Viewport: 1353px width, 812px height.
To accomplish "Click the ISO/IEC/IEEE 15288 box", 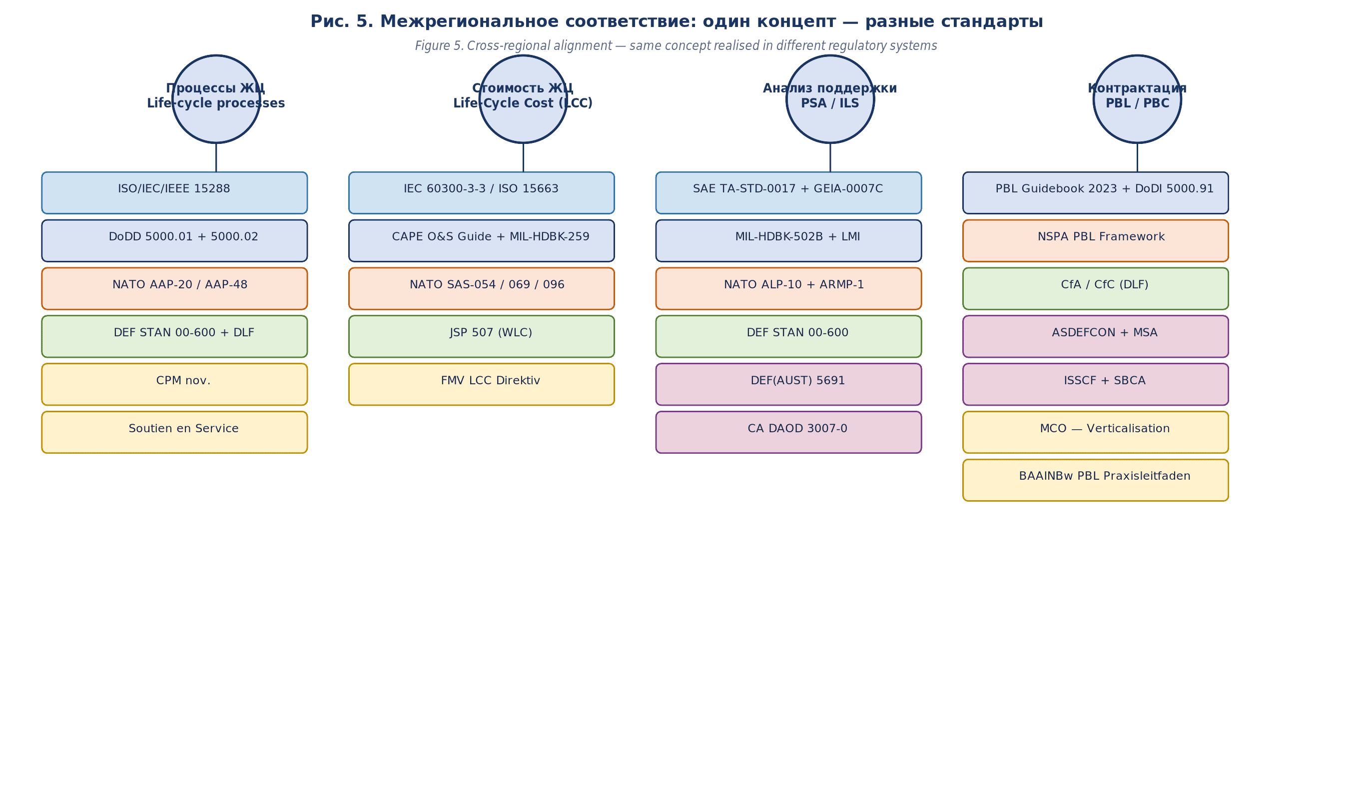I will coord(174,192).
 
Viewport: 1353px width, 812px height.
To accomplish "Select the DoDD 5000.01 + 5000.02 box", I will coord(174,241).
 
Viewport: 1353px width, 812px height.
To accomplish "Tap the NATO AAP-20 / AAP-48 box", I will coord(174,288).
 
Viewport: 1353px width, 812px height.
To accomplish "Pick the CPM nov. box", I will coord(174,384).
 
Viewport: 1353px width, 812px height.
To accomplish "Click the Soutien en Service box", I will coord(174,432).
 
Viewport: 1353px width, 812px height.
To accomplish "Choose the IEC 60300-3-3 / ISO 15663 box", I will coord(481,192).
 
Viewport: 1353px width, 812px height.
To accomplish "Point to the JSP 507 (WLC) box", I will coord(481,336).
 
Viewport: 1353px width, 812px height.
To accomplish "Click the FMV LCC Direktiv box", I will coord(481,384).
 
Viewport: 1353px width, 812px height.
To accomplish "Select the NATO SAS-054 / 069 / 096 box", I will coord(481,288).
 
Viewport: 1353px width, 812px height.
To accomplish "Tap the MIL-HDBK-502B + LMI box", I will coord(788,241).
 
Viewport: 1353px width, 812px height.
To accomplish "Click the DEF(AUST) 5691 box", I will coord(788,384).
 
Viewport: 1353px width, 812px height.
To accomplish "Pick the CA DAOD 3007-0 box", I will coord(788,432).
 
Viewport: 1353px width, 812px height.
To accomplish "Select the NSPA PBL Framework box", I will coord(1095,241).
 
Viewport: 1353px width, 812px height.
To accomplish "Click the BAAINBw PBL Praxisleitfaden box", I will coord(1095,480).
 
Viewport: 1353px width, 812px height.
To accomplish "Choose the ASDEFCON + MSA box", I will coord(1095,336).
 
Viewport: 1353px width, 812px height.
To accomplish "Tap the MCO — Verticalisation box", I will coord(1095,432).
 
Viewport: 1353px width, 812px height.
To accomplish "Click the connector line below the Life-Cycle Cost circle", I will coord(523,157).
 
